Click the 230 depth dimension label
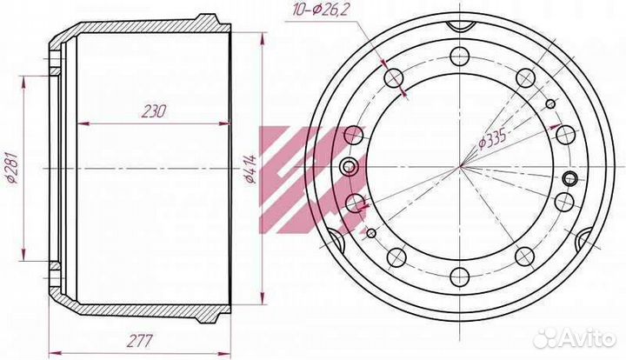[x=152, y=111]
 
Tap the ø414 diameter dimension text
[x=250, y=169]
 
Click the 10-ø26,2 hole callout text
[x=321, y=10]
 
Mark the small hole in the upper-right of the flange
[x=549, y=104]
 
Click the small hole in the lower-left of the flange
[x=372, y=233]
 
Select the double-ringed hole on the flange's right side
[x=570, y=179]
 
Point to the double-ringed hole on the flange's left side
[x=350, y=167]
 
